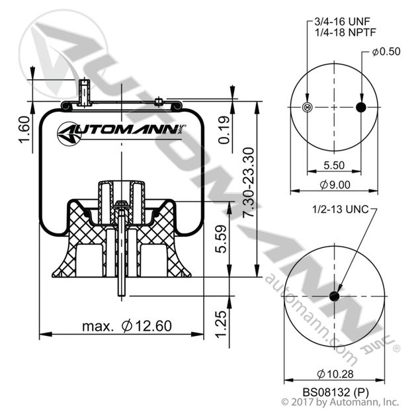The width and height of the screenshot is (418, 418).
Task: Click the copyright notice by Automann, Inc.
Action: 339,402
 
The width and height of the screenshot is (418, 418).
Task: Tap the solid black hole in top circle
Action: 360,108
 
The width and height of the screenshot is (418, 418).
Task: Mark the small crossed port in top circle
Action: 306,108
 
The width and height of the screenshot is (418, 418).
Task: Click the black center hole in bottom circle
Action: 335,296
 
